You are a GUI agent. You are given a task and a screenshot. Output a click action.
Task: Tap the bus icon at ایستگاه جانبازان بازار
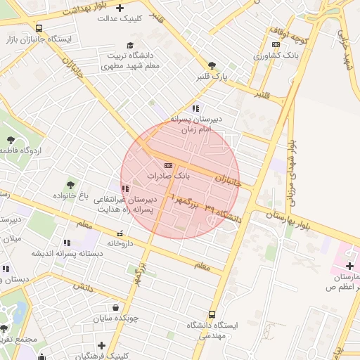(x=39, y=29)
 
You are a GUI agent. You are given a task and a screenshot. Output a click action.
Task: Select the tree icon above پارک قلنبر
(x=212, y=65)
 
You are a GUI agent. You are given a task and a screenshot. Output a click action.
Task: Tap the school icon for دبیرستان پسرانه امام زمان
(x=195, y=109)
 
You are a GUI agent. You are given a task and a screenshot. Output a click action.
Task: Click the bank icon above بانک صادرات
(x=167, y=165)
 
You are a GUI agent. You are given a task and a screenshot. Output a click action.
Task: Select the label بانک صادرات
(x=167, y=174)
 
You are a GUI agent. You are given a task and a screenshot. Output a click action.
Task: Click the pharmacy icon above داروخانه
(x=120, y=233)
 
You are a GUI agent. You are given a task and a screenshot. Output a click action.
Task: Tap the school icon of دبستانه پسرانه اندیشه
(x=67, y=243)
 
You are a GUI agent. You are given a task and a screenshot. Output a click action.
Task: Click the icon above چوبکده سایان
(x=115, y=307)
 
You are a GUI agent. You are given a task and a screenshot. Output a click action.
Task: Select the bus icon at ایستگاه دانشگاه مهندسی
(x=212, y=314)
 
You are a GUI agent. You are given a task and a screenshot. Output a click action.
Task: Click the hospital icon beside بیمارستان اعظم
(x=349, y=265)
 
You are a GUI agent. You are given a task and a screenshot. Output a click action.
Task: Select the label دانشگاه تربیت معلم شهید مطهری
(x=130, y=60)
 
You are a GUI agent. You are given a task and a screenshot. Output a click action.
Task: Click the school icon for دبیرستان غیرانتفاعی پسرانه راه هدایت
(x=124, y=189)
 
